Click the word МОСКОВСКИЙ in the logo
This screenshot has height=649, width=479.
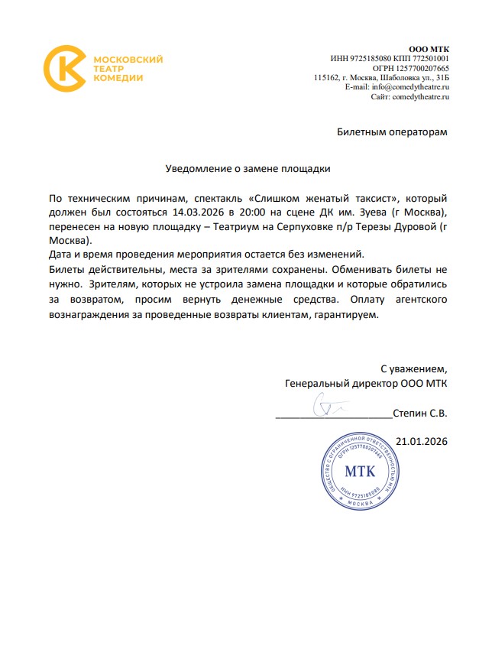click(x=128, y=60)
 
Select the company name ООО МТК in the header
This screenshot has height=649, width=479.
click(x=431, y=49)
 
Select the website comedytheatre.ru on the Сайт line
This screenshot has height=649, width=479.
click(x=420, y=97)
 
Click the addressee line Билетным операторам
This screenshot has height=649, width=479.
click(x=392, y=131)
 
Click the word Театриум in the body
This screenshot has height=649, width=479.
click(x=245, y=226)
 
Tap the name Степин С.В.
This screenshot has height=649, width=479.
click(x=419, y=413)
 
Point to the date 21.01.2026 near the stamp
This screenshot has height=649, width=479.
click(x=422, y=441)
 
